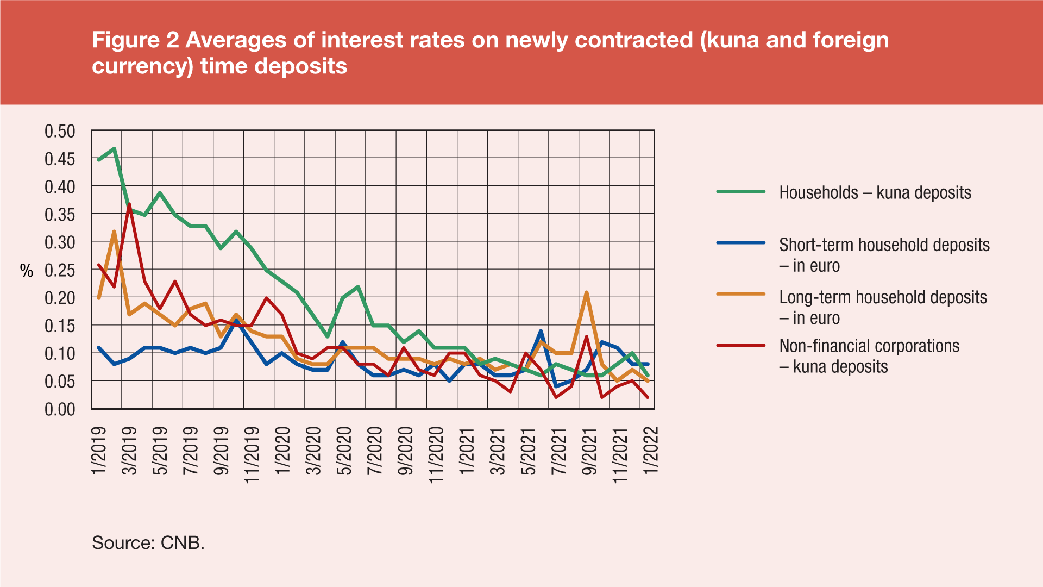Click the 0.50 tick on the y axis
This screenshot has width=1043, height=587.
coord(60,132)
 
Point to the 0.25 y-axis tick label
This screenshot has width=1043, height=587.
coord(60,270)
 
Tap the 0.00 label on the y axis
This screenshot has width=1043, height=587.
coord(60,409)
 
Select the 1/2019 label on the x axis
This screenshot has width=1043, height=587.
coord(99,451)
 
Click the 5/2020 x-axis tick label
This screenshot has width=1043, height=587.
coord(343,451)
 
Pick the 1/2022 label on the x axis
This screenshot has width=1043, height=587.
coord(650,451)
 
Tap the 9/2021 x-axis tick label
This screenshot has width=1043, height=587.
coord(589,451)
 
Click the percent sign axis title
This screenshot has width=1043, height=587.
coord(27,271)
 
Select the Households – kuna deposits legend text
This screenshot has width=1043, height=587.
coord(875,193)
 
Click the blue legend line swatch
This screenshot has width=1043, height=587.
coord(741,243)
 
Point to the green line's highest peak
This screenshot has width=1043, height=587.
coord(114,148)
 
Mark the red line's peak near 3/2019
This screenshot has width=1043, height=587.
coord(129,204)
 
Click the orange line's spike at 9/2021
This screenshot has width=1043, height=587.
coord(587,293)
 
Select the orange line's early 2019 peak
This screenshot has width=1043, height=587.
coord(114,232)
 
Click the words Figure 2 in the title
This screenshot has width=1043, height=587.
coord(135,40)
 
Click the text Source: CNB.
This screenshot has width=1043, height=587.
coord(148,542)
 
